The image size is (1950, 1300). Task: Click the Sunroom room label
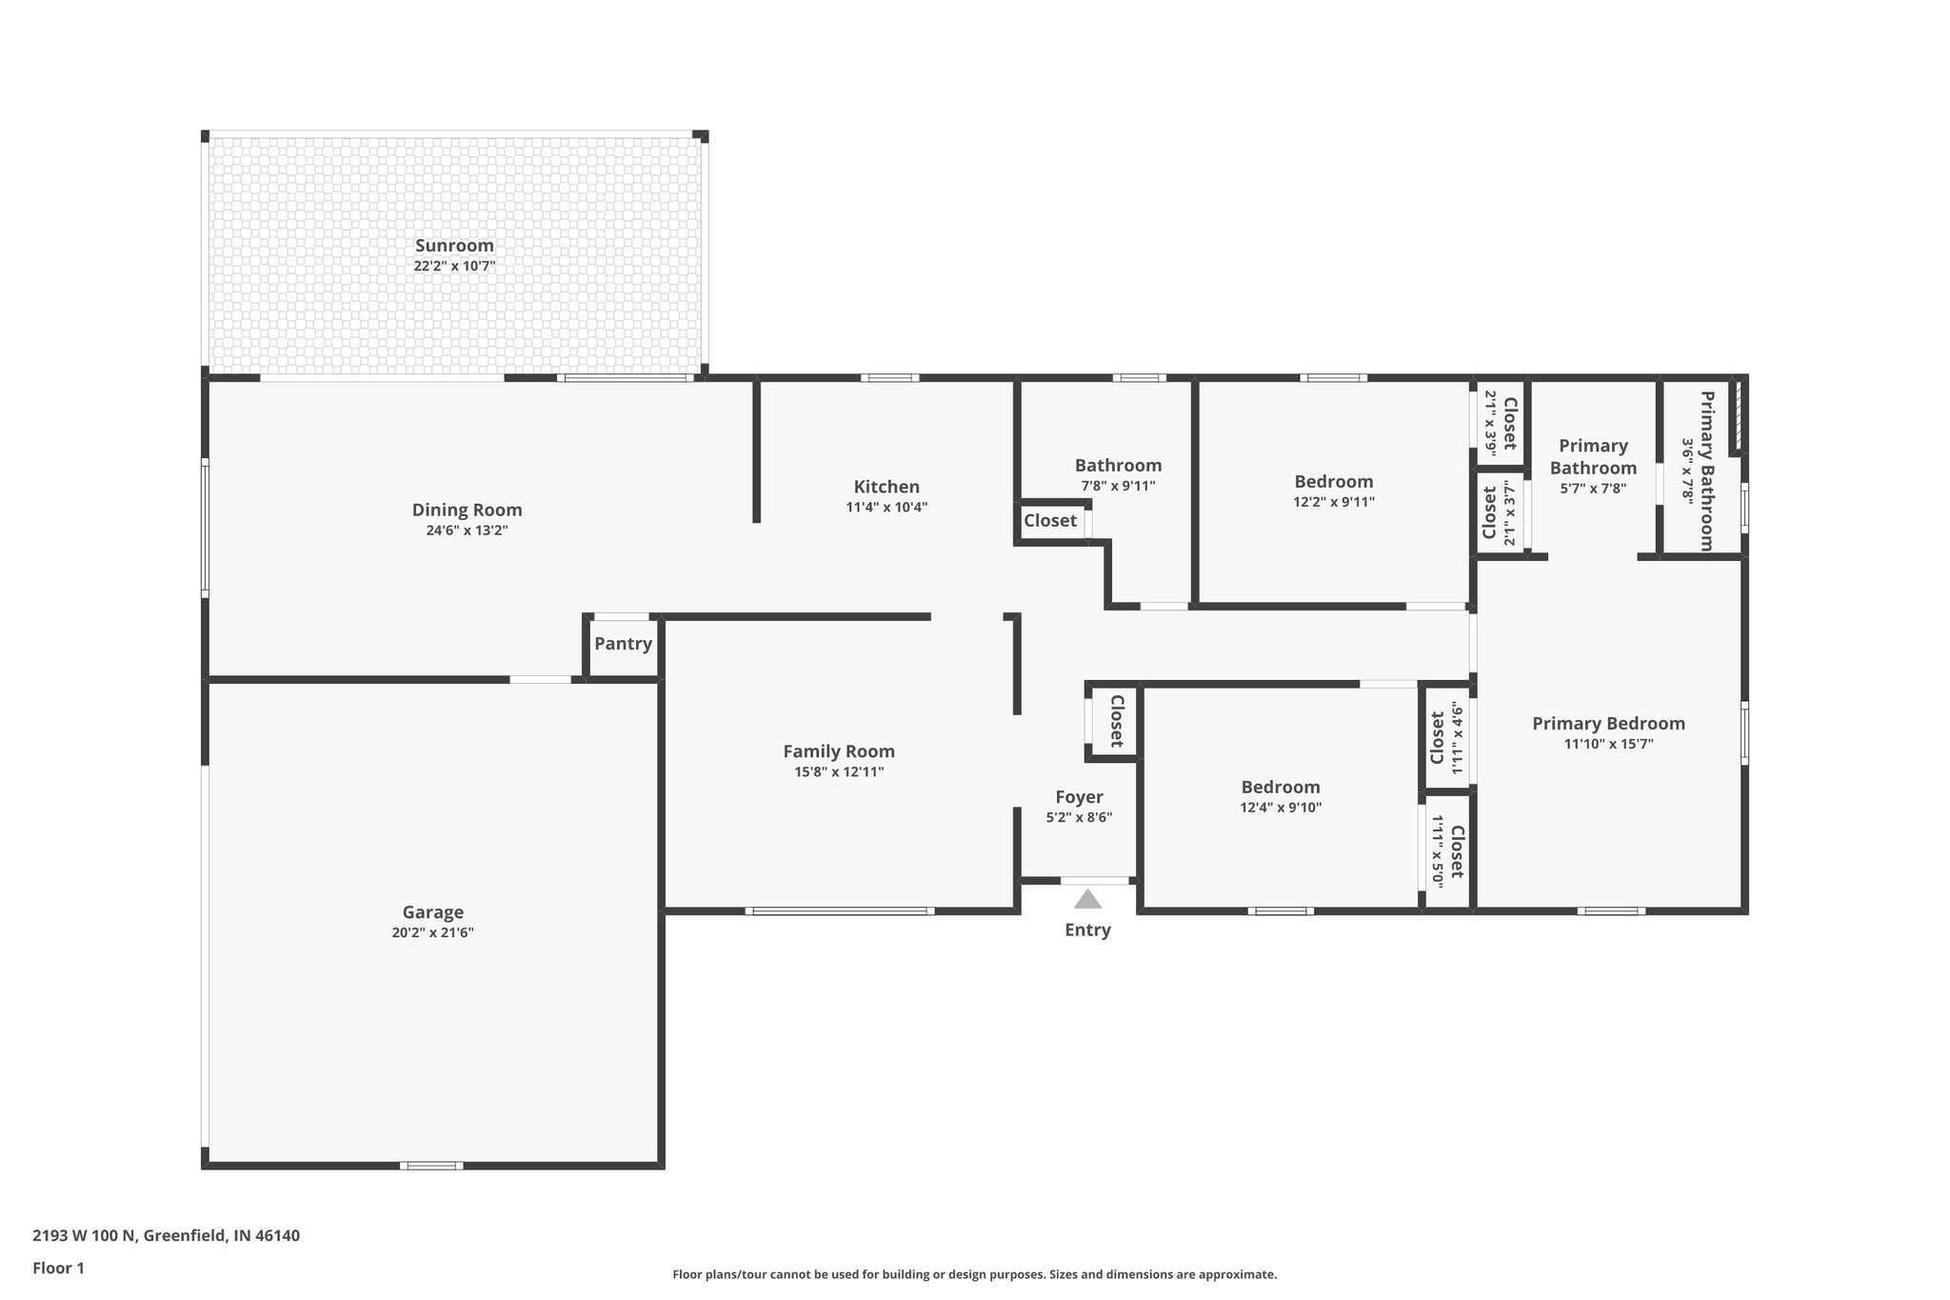tap(454, 246)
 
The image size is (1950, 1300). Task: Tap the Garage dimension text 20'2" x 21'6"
tap(432, 933)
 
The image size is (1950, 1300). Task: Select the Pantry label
tap(623, 644)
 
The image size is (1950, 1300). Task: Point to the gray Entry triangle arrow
tap(1087, 900)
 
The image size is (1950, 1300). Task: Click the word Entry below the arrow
tap(1087, 930)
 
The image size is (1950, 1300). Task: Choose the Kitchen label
tap(886, 487)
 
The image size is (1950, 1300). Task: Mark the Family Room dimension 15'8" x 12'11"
tap(839, 772)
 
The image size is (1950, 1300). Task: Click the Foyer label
tap(1079, 797)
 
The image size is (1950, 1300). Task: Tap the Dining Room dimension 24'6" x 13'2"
tap(467, 530)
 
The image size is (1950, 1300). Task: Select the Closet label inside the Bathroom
tap(1050, 521)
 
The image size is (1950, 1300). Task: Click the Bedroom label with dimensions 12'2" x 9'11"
tap(1333, 482)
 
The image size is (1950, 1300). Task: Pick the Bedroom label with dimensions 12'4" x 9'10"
tap(1280, 788)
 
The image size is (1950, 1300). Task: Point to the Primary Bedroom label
tap(1608, 724)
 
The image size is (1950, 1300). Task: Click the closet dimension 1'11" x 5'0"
tap(1437, 851)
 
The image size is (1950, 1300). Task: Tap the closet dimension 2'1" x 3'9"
tap(1490, 423)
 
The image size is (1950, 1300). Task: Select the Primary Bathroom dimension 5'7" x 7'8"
tap(1593, 489)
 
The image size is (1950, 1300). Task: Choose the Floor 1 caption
tap(58, 1268)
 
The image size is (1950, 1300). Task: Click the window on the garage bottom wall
tap(431, 1166)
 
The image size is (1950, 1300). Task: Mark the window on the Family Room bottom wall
tap(839, 911)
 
